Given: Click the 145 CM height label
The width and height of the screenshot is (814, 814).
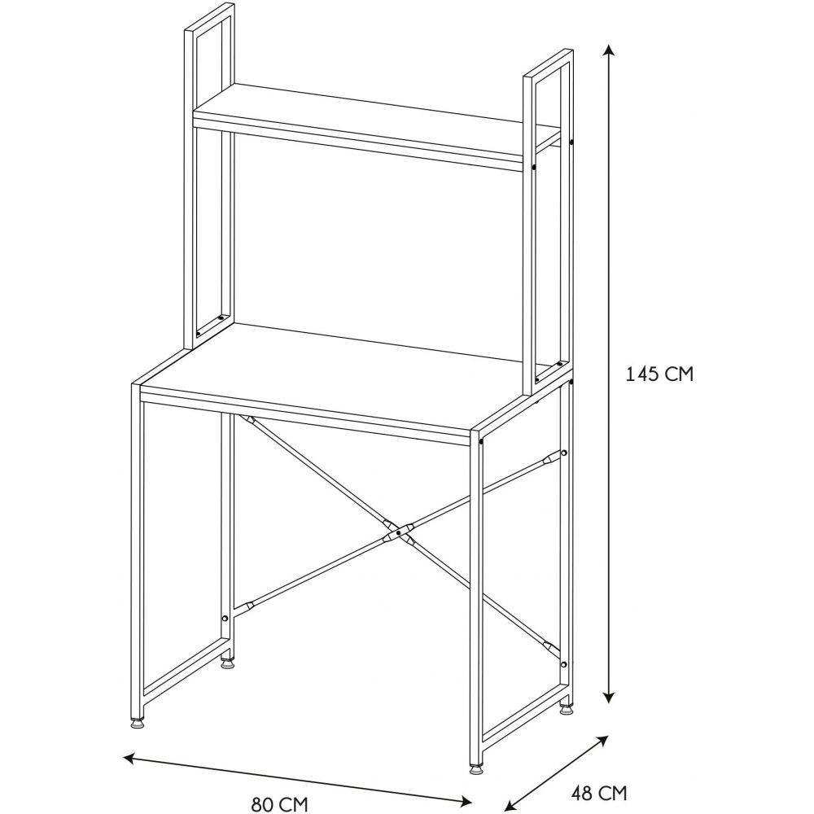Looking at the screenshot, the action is (x=659, y=374).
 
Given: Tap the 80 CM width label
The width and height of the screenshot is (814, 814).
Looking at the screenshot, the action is (x=280, y=804).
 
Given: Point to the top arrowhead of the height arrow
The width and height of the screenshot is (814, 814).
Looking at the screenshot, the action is (x=610, y=50).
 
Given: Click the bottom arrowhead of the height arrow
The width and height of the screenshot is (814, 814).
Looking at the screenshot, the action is (x=610, y=698).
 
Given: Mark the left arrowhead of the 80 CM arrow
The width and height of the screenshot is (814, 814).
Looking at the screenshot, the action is (x=129, y=758).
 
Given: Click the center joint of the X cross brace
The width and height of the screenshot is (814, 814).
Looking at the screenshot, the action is (x=398, y=532).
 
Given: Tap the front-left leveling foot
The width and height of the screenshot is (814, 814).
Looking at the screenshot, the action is (x=137, y=722).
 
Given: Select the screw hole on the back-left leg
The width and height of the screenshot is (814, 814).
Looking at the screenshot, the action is (x=225, y=619).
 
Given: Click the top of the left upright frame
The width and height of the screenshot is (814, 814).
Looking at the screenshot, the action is (x=209, y=16).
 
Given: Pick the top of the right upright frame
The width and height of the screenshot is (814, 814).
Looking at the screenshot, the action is (x=548, y=63).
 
